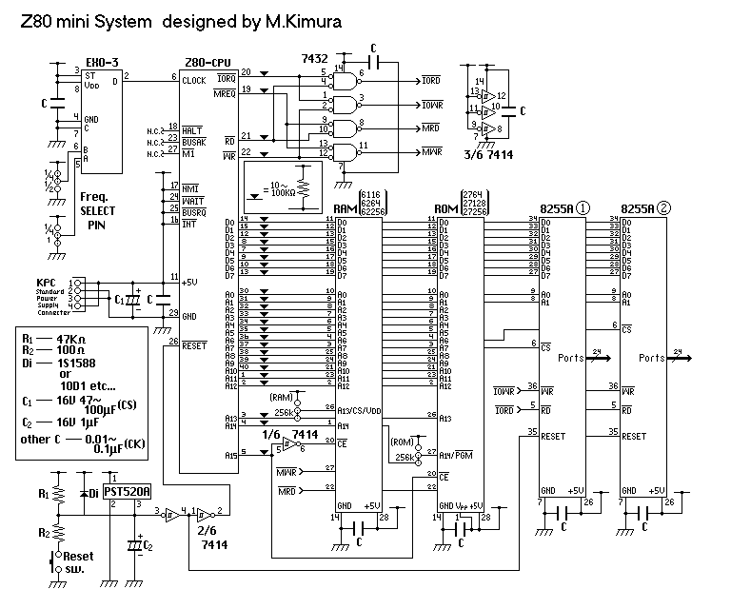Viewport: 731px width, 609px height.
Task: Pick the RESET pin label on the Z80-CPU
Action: [x=195, y=346]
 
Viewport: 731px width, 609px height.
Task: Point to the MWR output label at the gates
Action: [x=431, y=151]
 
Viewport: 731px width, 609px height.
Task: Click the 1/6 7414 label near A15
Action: [x=294, y=434]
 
